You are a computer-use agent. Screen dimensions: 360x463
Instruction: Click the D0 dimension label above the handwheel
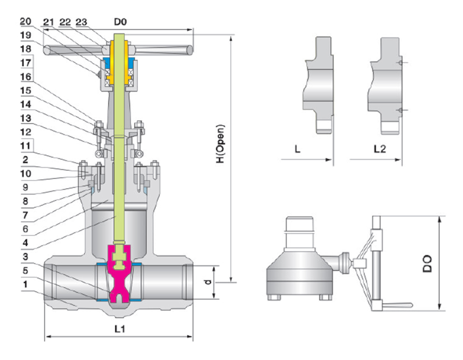point(121,23)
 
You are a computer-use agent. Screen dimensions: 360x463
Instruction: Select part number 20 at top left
point(25,22)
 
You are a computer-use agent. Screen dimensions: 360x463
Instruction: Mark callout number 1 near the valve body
point(25,283)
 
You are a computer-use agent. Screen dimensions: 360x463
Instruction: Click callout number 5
point(25,269)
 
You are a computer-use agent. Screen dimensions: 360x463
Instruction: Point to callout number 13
point(25,118)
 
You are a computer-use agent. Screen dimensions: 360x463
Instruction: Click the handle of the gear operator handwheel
point(399,305)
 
